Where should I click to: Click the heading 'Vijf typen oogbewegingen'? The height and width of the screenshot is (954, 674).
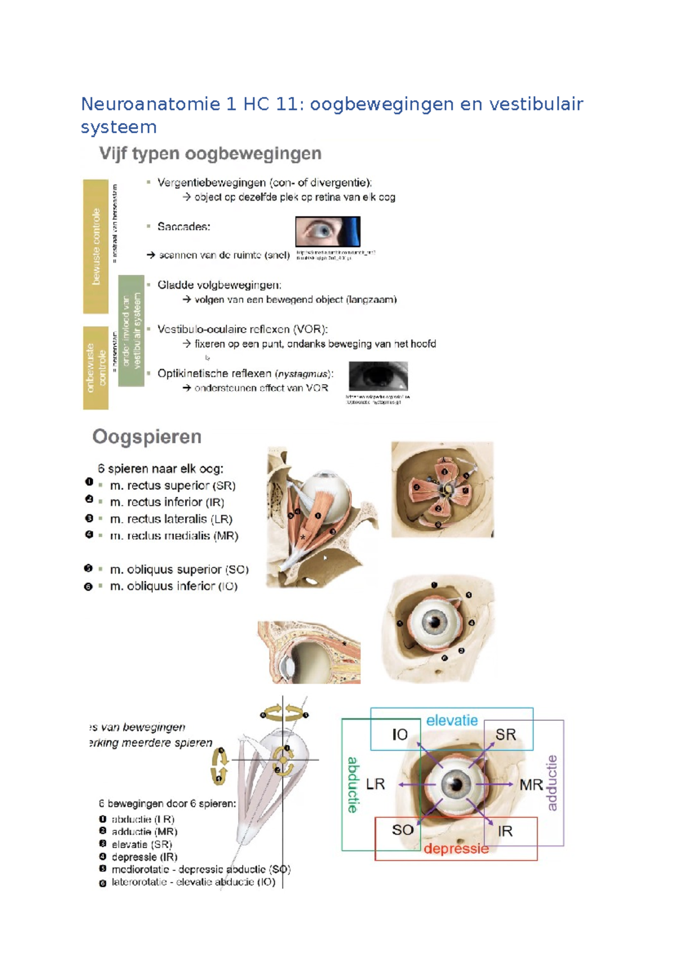(210, 153)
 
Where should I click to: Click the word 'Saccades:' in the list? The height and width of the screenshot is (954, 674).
(184, 227)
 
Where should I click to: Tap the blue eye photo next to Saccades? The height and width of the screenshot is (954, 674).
(327, 231)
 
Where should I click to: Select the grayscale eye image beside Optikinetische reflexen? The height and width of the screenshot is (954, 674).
(378, 376)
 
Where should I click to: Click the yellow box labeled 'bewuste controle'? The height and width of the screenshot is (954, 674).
(96, 246)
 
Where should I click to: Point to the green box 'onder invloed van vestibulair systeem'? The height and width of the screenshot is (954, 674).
(131, 330)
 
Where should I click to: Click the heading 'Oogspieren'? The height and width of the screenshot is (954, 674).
(147, 437)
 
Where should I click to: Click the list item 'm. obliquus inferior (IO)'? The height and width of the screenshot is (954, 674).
(174, 587)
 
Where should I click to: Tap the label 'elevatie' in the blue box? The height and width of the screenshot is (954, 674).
(452, 720)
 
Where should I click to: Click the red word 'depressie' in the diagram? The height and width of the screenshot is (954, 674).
(456, 848)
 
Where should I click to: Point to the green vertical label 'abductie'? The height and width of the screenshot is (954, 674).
(353, 784)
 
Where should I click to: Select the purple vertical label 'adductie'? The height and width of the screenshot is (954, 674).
(552, 783)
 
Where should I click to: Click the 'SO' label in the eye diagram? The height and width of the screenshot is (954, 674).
(403, 830)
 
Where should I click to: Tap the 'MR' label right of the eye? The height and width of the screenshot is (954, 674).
(531, 785)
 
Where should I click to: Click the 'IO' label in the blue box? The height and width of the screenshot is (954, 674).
(400, 734)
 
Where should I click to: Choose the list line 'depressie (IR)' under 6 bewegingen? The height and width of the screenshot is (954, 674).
(144, 857)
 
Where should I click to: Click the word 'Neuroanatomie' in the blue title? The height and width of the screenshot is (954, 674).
(151, 104)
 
